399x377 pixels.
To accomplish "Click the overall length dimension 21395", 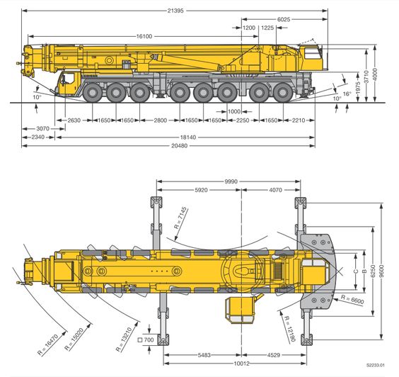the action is [175, 11].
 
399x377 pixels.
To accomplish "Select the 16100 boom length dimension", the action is [144, 36].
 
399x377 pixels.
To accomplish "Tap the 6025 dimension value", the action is [284, 19].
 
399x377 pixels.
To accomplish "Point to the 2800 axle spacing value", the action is [161, 120].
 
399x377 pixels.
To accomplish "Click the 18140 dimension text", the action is [188, 137].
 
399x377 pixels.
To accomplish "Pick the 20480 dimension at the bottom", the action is [180, 146].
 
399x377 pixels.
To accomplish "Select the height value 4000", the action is [375, 74].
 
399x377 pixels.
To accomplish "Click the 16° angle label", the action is [347, 94].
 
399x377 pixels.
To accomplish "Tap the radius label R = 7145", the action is [181, 218].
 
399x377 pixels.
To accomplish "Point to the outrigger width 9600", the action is [381, 271].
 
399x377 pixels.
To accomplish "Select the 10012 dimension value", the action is [241, 364].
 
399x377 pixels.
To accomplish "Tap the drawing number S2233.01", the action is [376, 365].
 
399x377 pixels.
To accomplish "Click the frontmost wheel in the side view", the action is [93, 93].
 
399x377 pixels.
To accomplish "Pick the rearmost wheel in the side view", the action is [283, 93].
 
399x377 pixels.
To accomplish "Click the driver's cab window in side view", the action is [67, 79].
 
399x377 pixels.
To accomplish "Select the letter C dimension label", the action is [356, 271].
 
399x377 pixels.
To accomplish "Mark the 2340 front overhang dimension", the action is [38, 137].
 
